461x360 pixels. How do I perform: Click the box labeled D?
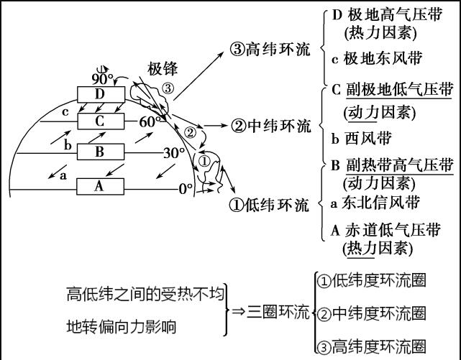click(x=101, y=94)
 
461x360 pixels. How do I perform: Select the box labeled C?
click(x=101, y=121)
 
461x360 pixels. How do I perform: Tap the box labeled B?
click(x=101, y=152)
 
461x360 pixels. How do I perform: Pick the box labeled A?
click(x=100, y=186)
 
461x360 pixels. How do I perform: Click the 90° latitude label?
click(x=102, y=78)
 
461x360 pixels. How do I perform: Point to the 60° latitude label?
click(x=150, y=121)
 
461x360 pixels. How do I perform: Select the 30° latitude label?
click(x=174, y=152)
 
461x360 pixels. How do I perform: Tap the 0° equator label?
click(x=186, y=189)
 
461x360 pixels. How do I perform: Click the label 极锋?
click(x=163, y=69)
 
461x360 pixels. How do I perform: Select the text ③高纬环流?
click(x=270, y=49)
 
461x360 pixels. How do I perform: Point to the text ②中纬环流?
click(x=271, y=126)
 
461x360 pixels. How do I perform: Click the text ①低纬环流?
click(x=269, y=205)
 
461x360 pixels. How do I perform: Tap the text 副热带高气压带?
click(x=400, y=165)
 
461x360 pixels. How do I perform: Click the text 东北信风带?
click(x=380, y=203)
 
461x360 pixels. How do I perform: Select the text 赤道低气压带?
click(x=393, y=230)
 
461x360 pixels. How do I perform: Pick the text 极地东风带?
click(x=383, y=58)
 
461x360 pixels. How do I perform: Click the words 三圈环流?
click(x=278, y=312)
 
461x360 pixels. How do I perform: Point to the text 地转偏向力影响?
click(x=122, y=327)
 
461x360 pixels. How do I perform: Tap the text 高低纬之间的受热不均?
click(x=145, y=294)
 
